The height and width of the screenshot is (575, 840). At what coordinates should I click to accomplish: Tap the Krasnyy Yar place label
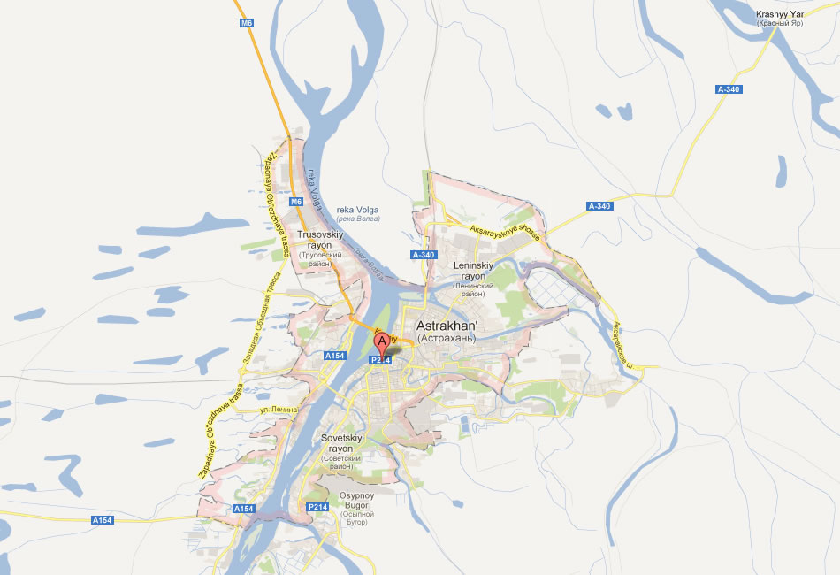pyautogui.click(x=778, y=14)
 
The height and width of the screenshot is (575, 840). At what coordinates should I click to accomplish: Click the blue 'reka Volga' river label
pyautogui.click(x=357, y=210)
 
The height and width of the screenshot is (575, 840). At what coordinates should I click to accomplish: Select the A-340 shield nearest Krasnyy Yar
pyautogui.click(x=729, y=89)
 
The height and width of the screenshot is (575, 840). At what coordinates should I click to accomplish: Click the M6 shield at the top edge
pyautogui.click(x=247, y=23)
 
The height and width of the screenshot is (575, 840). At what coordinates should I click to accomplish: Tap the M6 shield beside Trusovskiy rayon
pyautogui.click(x=296, y=202)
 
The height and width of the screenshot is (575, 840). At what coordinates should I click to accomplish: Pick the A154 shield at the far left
pyautogui.click(x=103, y=521)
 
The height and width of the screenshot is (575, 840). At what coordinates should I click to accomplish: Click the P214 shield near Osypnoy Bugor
pyautogui.click(x=318, y=506)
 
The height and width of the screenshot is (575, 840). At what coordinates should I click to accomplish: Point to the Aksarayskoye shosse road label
pyautogui.click(x=504, y=232)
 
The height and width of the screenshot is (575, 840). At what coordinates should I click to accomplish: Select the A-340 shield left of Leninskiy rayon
pyautogui.click(x=424, y=255)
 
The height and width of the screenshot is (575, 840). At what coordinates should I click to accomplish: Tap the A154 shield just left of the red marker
pyautogui.click(x=334, y=356)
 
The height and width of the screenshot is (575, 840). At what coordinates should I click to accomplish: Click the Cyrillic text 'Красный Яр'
pyautogui.click(x=778, y=24)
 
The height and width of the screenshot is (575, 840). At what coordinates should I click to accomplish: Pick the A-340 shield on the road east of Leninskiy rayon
pyautogui.click(x=599, y=206)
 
